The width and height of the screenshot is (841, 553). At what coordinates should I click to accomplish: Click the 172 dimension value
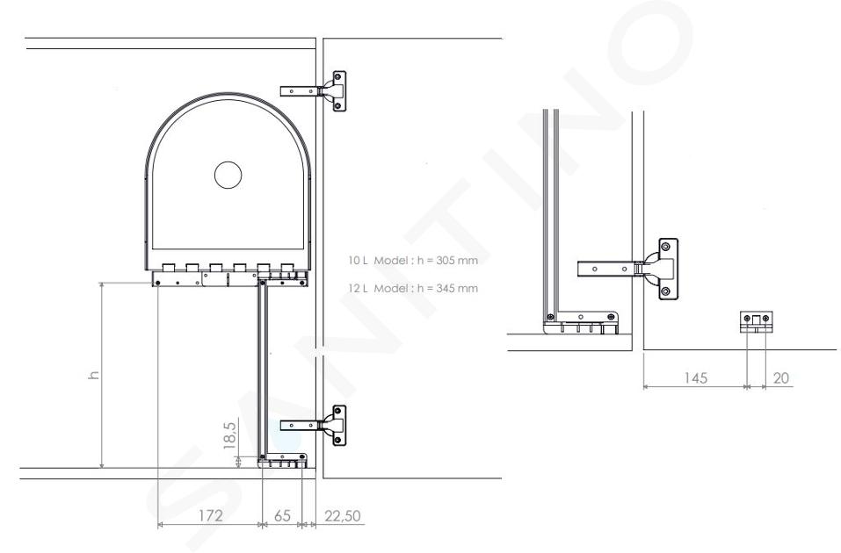(210, 515)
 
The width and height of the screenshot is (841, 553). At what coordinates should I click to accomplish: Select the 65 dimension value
(282, 515)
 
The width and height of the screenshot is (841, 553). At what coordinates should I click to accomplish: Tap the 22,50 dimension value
(343, 516)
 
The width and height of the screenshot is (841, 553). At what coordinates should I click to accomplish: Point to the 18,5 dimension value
(229, 435)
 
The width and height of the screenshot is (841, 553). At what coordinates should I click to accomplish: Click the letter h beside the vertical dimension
(94, 375)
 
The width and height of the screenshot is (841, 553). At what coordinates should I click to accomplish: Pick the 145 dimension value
(695, 378)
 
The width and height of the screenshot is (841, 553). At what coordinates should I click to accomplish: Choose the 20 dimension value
(781, 378)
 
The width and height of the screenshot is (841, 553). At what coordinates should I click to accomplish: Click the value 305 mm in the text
(449, 261)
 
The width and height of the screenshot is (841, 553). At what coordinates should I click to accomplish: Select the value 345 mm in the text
(449, 288)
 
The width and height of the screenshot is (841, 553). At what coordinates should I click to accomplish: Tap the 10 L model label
(378, 261)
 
